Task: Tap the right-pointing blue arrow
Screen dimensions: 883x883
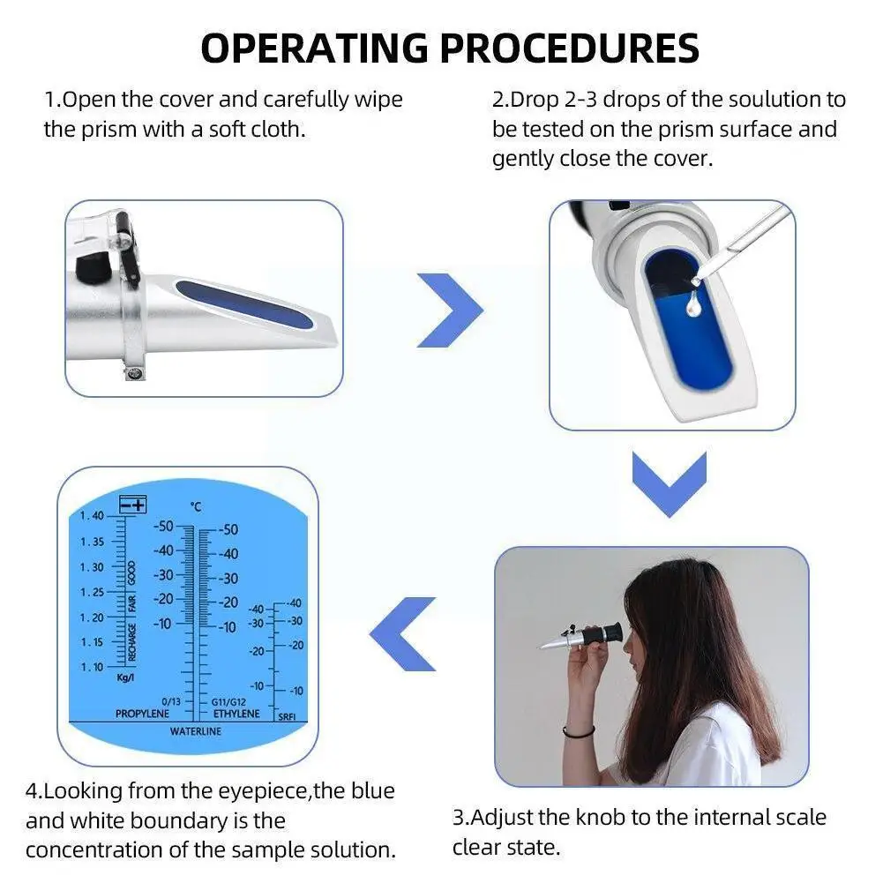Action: point(450,310)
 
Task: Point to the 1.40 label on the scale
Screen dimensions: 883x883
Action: point(92,516)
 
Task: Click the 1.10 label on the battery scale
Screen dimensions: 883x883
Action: point(92,667)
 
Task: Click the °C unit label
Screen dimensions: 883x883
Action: point(196,506)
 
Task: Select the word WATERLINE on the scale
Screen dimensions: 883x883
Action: point(196,731)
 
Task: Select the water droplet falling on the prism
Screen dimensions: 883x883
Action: point(693,303)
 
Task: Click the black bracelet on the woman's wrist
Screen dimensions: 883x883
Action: point(578,731)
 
